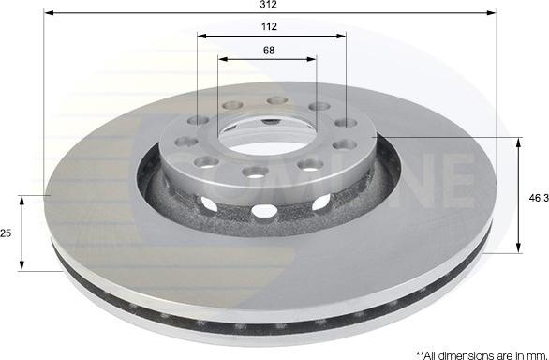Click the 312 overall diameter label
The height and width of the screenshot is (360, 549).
[x=270, y=5]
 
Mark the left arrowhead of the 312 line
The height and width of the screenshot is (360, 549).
[x=48, y=14]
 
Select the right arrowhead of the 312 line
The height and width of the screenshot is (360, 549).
[x=493, y=14]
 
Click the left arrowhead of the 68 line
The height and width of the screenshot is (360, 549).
[x=223, y=59]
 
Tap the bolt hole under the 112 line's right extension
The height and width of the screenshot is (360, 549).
[x=346, y=122]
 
